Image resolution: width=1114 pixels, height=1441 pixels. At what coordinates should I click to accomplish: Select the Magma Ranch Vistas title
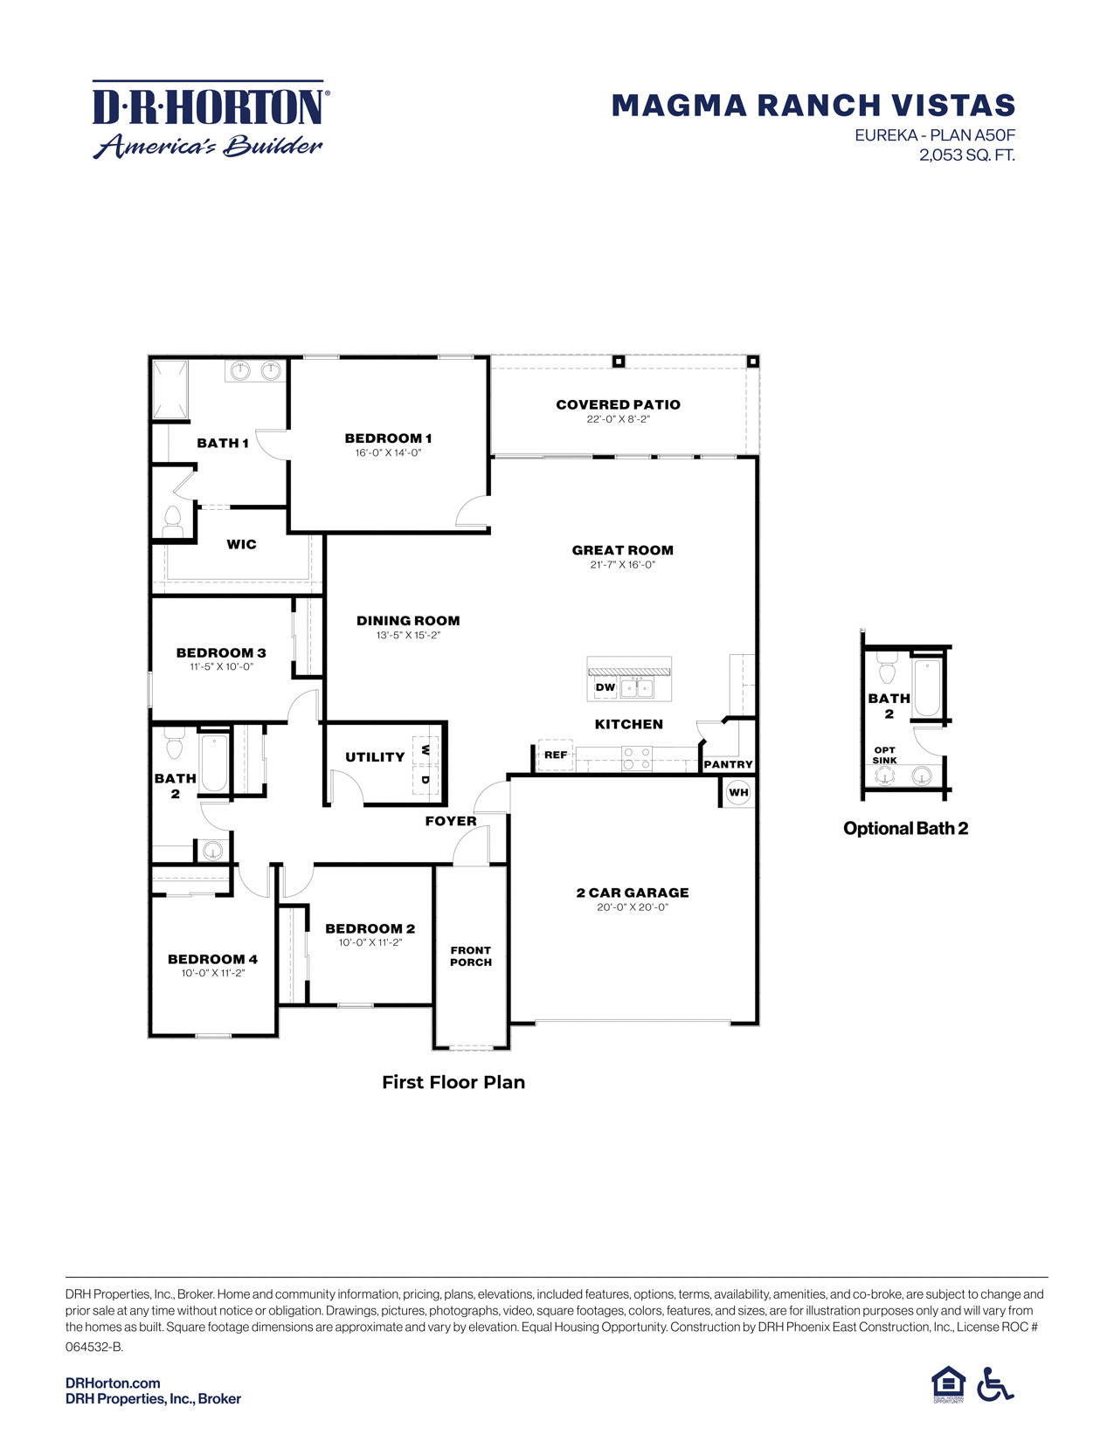[x=813, y=106]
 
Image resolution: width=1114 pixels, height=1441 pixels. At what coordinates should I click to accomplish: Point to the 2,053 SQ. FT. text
[x=966, y=155]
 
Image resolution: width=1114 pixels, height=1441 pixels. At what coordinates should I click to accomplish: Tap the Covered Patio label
[x=618, y=404]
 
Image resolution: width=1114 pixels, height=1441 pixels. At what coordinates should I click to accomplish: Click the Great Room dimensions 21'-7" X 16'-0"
[x=622, y=565]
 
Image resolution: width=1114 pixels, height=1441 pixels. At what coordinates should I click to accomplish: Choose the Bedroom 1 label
[x=388, y=438]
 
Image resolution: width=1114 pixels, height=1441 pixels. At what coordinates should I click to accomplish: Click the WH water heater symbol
[x=738, y=793]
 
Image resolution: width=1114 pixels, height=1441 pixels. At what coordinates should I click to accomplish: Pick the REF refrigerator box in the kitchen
[x=556, y=755]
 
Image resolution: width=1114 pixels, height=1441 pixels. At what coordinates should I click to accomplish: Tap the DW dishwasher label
[x=605, y=687]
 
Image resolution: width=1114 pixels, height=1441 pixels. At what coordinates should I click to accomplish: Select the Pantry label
[x=728, y=764]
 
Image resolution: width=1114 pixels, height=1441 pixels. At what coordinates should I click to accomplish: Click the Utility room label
[x=375, y=757]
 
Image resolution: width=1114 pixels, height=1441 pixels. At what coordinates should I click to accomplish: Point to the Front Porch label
[x=471, y=956]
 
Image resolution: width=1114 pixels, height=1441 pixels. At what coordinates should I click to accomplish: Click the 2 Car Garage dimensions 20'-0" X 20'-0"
[x=633, y=907]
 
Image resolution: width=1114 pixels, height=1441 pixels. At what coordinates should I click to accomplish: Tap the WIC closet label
[x=241, y=544]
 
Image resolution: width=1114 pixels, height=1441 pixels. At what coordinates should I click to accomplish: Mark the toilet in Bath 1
[x=173, y=521]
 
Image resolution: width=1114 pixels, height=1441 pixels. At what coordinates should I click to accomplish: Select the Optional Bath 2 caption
[x=905, y=829]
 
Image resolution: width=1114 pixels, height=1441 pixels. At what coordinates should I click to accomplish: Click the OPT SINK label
[x=884, y=755]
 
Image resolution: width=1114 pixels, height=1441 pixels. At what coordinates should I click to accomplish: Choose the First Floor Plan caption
[x=453, y=1082]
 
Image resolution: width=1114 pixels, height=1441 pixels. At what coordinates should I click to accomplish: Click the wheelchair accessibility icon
[x=995, y=1384]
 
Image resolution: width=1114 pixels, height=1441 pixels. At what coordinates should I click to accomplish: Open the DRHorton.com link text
[x=113, y=1382]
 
